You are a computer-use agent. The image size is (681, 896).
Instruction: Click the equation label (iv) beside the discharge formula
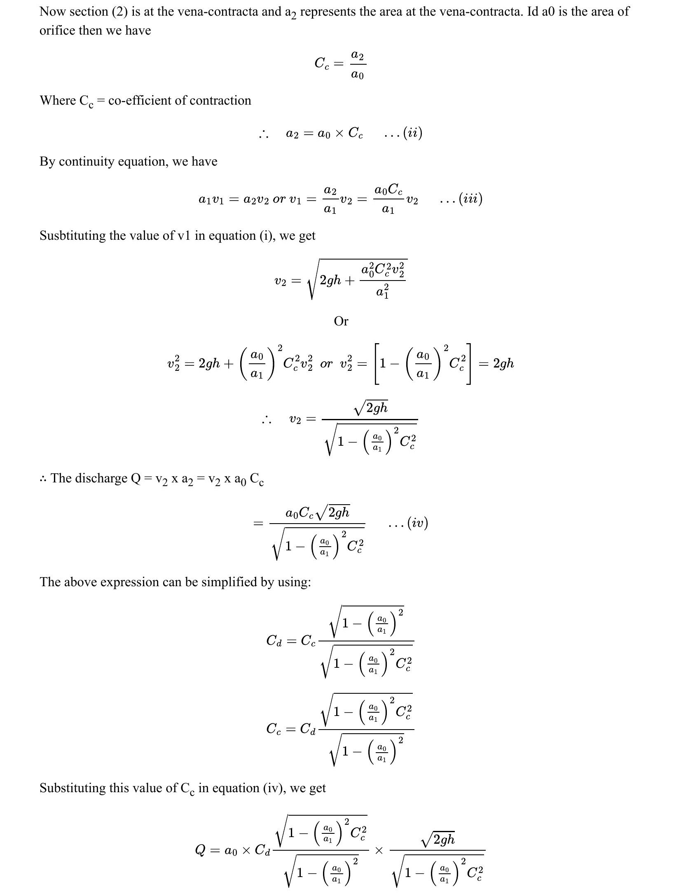pyautogui.click(x=417, y=523)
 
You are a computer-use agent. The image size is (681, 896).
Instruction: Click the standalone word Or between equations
pyautogui.click(x=341, y=321)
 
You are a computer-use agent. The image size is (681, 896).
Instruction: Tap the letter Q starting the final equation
pyautogui.click(x=200, y=850)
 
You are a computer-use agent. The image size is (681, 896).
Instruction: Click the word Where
pyautogui.click(x=57, y=101)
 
